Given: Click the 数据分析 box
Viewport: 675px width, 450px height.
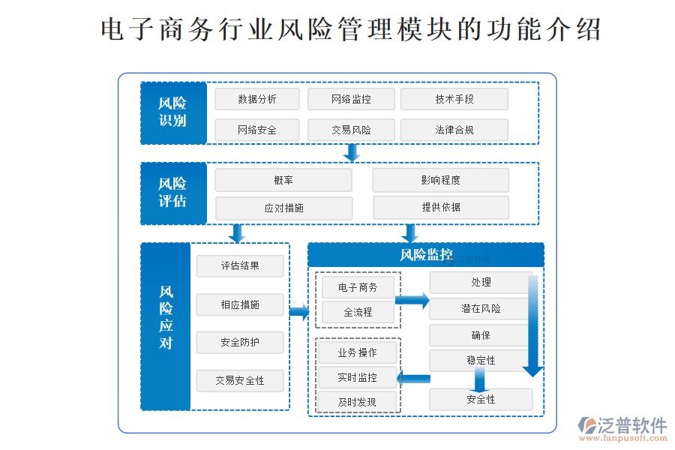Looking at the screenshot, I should [256, 99].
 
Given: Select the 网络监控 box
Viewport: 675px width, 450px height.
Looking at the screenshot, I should [351, 99].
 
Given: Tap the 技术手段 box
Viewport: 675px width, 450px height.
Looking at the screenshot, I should [454, 99].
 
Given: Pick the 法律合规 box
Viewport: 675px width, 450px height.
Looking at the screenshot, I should [454, 130].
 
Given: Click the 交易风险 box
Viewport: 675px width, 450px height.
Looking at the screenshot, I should [351, 130].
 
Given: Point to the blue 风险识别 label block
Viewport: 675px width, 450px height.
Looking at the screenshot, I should [173, 112].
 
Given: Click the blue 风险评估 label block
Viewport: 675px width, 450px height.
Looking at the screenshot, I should [173, 193].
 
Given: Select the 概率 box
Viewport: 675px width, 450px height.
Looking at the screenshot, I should [283, 180].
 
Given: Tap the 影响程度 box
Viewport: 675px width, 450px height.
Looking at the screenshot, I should [440, 180].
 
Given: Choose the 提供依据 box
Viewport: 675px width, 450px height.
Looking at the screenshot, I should [440, 208].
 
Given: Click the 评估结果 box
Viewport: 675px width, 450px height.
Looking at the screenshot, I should [240, 265].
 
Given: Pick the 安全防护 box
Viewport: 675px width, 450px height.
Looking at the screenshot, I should [240, 343].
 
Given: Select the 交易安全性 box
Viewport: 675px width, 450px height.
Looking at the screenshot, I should [240, 380].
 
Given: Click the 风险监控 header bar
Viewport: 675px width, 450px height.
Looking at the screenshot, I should [426, 255].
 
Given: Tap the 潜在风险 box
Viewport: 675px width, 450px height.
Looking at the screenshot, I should [481, 308].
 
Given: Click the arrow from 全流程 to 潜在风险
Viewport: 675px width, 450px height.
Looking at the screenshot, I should [412, 301].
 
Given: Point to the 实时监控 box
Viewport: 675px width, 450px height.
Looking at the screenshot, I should [357, 377].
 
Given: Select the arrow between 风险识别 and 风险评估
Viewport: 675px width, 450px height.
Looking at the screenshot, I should [351, 152].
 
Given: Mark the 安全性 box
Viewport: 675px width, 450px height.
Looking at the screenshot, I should [481, 399].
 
